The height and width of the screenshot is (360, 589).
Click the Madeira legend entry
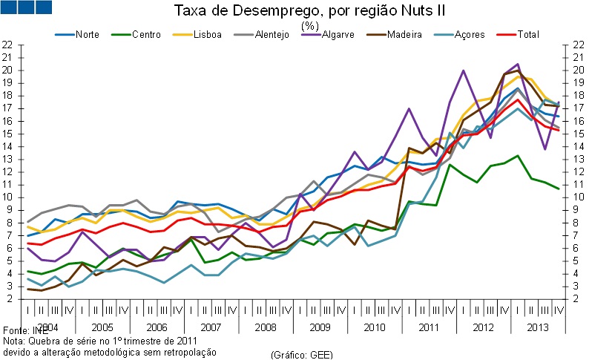click(405, 34)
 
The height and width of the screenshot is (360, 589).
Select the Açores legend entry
click(469, 34)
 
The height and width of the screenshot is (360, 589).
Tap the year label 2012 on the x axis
click(483, 327)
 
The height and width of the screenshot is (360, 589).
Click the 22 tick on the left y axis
click(9, 45)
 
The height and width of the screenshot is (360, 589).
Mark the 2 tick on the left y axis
click(9, 299)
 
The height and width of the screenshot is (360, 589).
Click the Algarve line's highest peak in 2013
click(517, 65)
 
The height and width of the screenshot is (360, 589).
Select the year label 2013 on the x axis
click(537, 327)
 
